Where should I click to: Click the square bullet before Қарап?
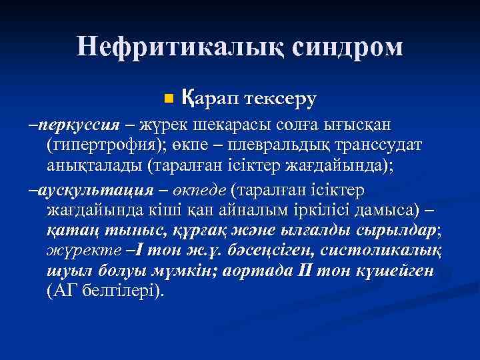click(167, 99)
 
